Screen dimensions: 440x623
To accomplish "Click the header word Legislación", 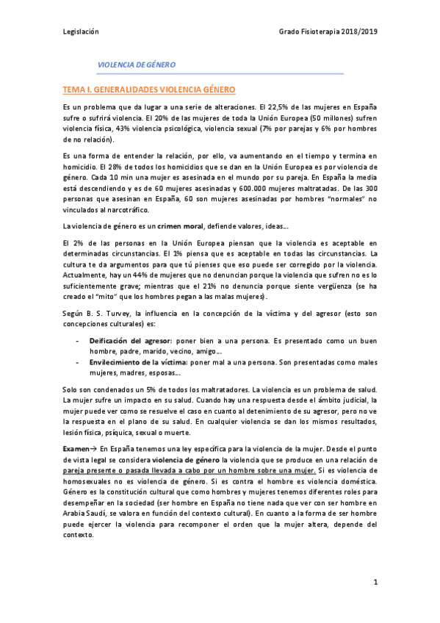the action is (81, 32).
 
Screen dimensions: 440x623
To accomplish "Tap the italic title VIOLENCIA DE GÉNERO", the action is (137, 65).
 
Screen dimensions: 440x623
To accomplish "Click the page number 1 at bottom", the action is (375, 583).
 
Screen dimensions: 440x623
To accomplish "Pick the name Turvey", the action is (109, 311).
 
